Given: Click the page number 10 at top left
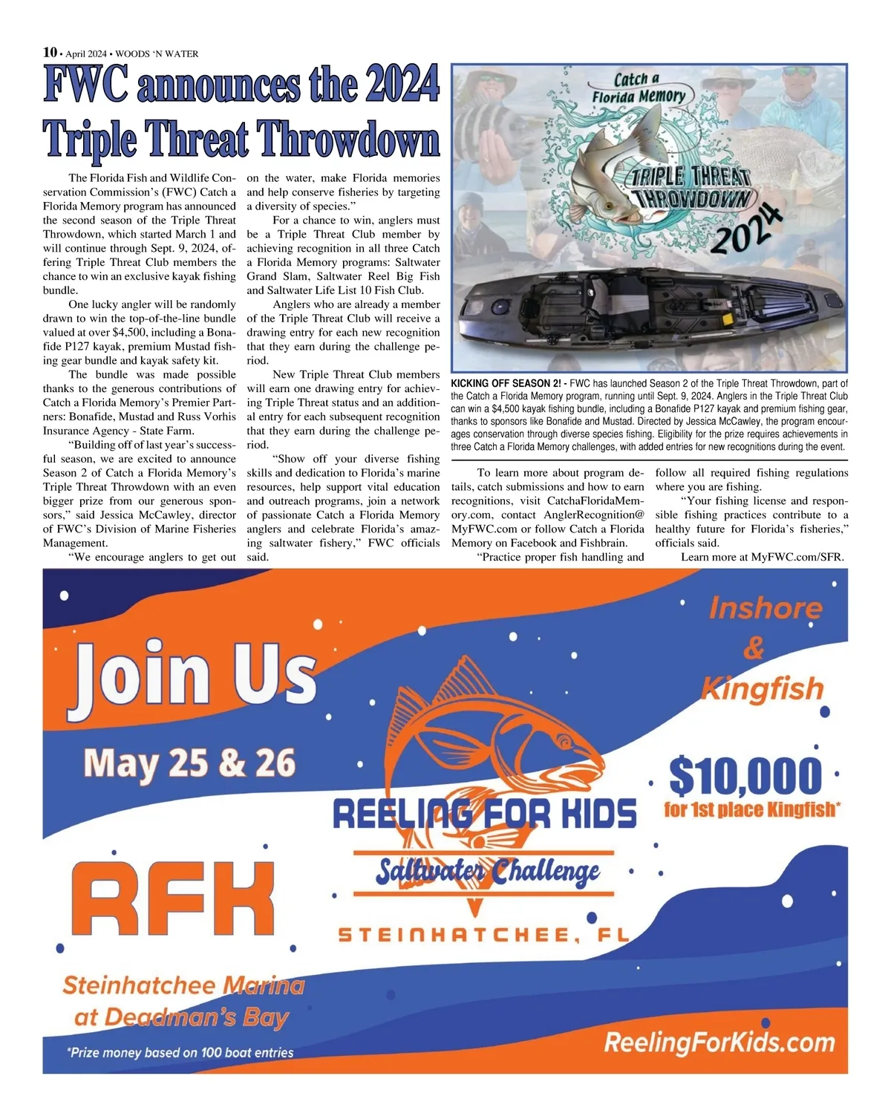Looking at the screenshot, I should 50,52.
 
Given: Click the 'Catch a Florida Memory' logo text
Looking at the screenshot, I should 638,88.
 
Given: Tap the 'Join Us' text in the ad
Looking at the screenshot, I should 195,673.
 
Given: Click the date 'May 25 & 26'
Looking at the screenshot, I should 189,763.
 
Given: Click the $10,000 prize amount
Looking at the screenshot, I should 745,775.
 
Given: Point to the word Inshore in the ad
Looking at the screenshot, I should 766,608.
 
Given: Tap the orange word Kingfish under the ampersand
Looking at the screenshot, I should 763,689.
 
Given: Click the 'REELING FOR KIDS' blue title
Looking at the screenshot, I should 484,815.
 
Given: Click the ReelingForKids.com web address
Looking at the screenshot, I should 719,1042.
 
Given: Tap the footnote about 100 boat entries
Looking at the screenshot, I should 180,1053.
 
